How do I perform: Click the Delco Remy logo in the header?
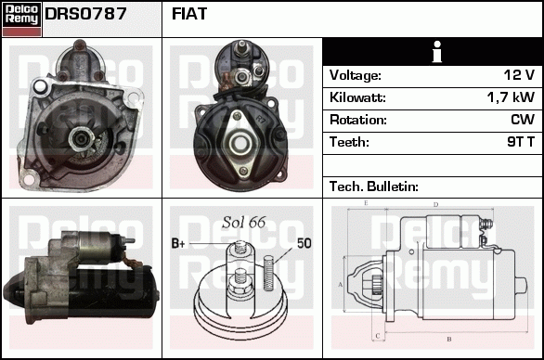[21, 18]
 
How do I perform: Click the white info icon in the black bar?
[433, 52]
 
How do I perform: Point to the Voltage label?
[356, 75]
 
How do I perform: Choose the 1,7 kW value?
[510, 97]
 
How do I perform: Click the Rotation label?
[357, 120]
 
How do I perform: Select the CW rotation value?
[523, 120]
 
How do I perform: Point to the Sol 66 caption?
[244, 223]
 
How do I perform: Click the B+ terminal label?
[179, 244]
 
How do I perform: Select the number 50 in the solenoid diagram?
[304, 243]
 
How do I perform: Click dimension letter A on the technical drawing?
[341, 283]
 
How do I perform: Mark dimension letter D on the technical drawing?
[435, 204]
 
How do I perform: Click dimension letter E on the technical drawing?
[366, 202]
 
